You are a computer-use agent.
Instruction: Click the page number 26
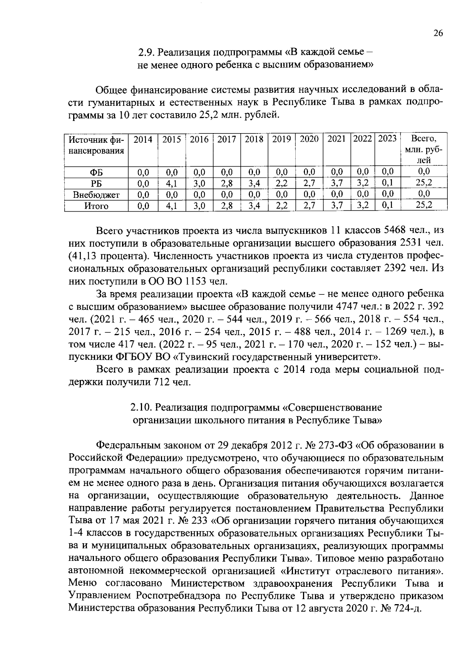click(x=438, y=33)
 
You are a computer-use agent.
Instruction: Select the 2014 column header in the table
click(x=143, y=139)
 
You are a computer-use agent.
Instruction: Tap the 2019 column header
click(x=281, y=139)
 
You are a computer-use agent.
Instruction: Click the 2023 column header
click(x=387, y=139)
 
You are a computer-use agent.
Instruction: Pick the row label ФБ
click(x=96, y=172)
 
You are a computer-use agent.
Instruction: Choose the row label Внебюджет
click(x=96, y=195)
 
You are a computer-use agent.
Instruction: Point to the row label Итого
click(x=96, y=206)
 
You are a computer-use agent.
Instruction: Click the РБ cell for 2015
click(x=171, y=183)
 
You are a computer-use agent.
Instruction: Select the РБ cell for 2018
click(x=254, y=183)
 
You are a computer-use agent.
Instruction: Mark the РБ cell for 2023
click(x=388, y=183)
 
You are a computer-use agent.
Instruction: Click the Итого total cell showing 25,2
click(x=424, y=205)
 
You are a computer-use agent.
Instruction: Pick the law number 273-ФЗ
click(x=334, y=446)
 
